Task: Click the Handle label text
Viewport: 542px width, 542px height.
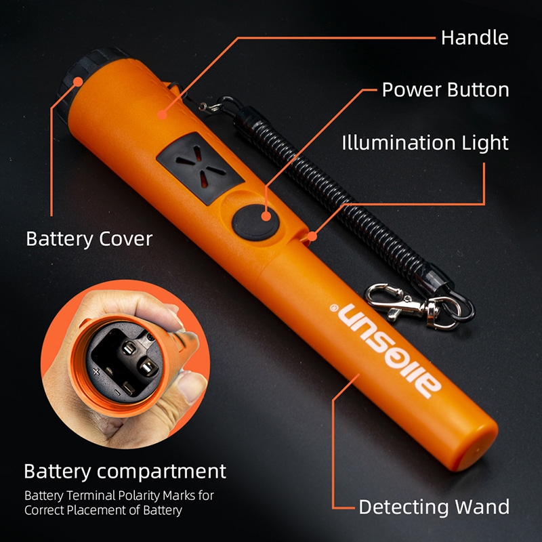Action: [x=474, y=37]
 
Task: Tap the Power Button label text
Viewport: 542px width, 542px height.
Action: [x=445, y=89]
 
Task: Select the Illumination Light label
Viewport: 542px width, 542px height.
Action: [x=425, y=142]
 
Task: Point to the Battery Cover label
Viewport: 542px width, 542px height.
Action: [x=89, y=238]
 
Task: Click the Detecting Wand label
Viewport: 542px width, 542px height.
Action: [x=434, y=507]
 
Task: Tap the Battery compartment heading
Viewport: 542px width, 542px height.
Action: [x=125, y=471]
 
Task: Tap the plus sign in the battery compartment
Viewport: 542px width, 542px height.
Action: [x=96, y=371]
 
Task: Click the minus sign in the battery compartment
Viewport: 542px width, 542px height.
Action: [x=117, y=392]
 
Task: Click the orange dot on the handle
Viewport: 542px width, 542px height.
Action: [x=161, y=114]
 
